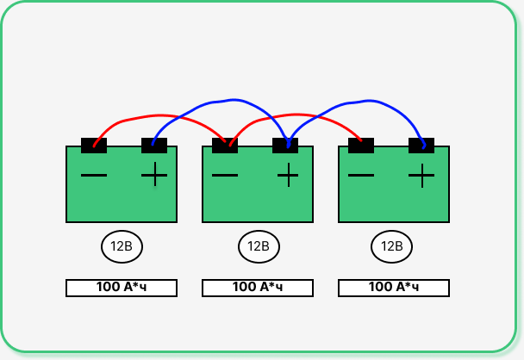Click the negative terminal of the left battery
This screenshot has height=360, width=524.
pyautogui.click(x=94, y=146)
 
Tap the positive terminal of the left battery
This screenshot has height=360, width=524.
pyautogui.click(x=154, y=146)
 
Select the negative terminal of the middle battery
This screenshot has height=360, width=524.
pyautogui.click(x=225, y=146)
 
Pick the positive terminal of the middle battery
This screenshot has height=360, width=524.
pyautogui.click(x=285, y=146)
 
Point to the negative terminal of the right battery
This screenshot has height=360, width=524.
pyautogui.click(x=361, y=146)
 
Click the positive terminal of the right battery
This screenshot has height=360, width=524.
pyautogui.click(x=421, y=146)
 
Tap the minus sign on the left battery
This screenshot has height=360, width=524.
pyautogui.click(x=94, y=176)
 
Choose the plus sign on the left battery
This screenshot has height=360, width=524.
pyautogui.click(x=154, y=176)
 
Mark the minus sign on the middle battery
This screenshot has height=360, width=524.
pyautogui.click(x=225, y=176)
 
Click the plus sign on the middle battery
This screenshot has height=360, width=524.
pyautogui.click(x=288, y=176)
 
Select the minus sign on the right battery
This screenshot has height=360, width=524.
pyautogui.click(x=361, y=176)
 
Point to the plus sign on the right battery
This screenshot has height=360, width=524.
pyautogui.click(x=421, y=176)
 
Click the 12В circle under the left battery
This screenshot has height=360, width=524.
pyautogui.click(x=122, y=247)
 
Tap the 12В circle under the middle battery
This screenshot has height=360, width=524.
pyautogui.click(x=259, y=247)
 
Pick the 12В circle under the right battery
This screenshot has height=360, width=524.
pyautogui.click(x=392, y=247)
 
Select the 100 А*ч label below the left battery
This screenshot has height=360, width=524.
pyautogui.click(x=122, y=288)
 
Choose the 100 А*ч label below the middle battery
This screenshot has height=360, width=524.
pyautogui.click(x=258, y=288)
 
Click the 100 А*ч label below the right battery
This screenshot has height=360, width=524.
pyautogui.click(x=394, y=288)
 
